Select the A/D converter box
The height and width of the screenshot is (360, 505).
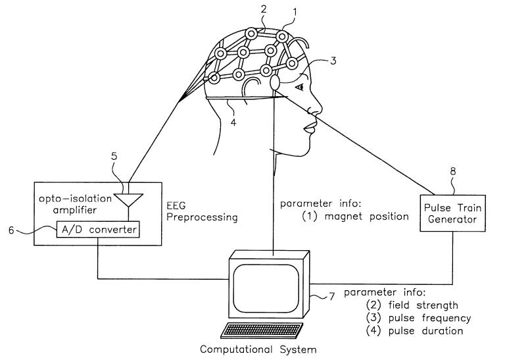(x=99, y=230)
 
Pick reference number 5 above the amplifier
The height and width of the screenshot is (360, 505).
(x=115, y=157)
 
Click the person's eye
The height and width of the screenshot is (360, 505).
(x=300, y=86)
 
